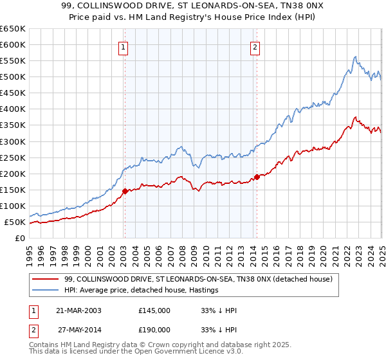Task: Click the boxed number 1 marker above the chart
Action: click(122, 46)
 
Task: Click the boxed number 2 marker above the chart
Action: click(255, 46)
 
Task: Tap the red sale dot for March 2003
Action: click(125, 190)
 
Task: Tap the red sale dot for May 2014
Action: click(256, 176)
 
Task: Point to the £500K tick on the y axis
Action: click(13, 76)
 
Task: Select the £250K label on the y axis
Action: click(13, 157)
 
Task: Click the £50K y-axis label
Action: click(15, 222)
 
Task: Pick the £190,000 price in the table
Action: click(154, 328)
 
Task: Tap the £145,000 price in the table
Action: click(154, 310)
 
